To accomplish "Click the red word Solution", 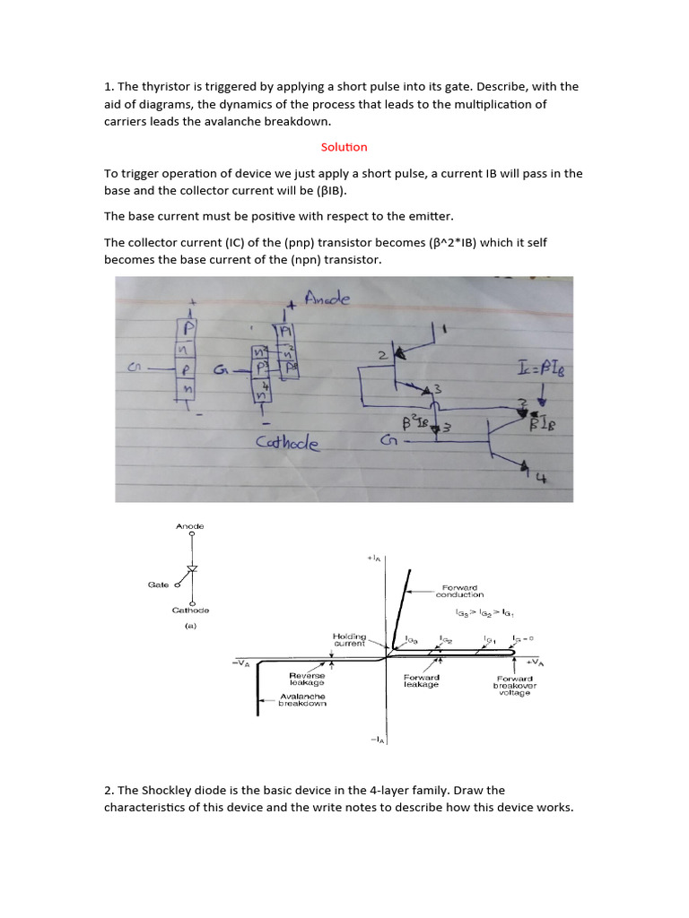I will click(x=344, y=147).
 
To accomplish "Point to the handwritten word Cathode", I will click(x=287, y=443).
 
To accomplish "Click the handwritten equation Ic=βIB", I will click(x=542, y=367).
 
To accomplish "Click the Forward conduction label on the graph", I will click(x=459, y=591).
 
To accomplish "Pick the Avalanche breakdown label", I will click(x=302, y=699).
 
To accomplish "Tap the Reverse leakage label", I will click(x=307, y=679).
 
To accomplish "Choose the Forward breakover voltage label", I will click(x=515, y=685).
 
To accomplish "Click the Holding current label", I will click(x=349, y=639).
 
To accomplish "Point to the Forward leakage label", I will click(x=422, y=680).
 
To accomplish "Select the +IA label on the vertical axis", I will click(x=373, y=559).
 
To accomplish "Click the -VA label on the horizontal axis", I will click(x=242, y=663).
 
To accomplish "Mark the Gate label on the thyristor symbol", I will click(x=158, y=585).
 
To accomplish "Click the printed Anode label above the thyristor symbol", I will click(x=189, y=526).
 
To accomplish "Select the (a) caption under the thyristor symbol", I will click(x=190, y=628).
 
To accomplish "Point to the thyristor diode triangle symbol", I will click(x=190, y=570).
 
